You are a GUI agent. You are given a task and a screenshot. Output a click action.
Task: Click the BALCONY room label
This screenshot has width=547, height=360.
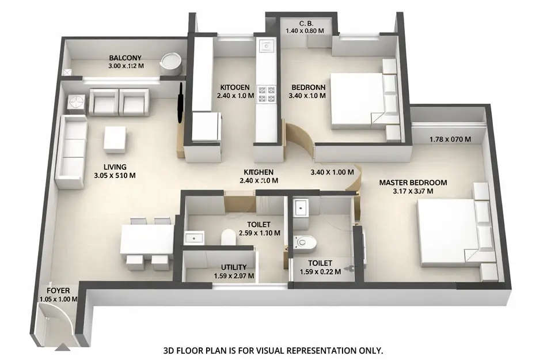tap(126, 58)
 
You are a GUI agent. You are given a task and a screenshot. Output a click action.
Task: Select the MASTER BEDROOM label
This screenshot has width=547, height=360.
tap(413, 183)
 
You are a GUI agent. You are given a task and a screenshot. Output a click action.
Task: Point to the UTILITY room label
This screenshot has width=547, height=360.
tap(234, 267)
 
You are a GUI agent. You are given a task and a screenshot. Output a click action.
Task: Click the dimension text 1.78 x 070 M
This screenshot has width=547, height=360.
tap(450, 139)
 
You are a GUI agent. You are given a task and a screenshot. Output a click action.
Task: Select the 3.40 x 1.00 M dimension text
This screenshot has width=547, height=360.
tap(331, 172)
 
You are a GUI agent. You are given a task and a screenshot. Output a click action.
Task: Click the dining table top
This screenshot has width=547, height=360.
tap(147, 238)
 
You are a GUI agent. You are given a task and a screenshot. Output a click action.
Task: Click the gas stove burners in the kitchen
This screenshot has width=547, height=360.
tap(267, 94)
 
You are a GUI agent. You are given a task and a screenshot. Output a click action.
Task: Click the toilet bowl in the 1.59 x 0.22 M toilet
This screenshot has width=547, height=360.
tap(303, 242)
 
